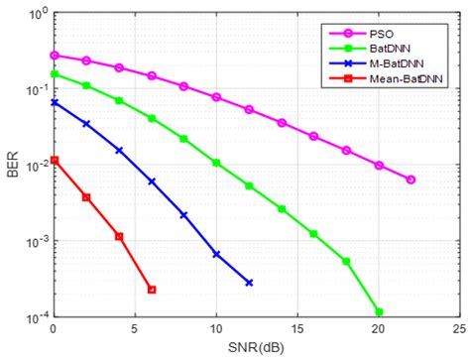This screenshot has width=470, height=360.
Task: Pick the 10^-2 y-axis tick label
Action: (x=30, y=167)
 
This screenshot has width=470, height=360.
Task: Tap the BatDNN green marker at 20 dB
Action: (x=379, y=311)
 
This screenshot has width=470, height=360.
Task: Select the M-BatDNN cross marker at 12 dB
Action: (x=249, y=283)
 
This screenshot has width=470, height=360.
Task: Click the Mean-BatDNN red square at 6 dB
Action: (x=152, y=290)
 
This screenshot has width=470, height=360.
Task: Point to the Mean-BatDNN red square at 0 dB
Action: (x=55, y=160)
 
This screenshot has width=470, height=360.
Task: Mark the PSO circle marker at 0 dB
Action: (x=55, y=56)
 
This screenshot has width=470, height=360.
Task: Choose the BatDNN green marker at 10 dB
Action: (x=216, y=163)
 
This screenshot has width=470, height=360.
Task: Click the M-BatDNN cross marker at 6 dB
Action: (x=152, y=181)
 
